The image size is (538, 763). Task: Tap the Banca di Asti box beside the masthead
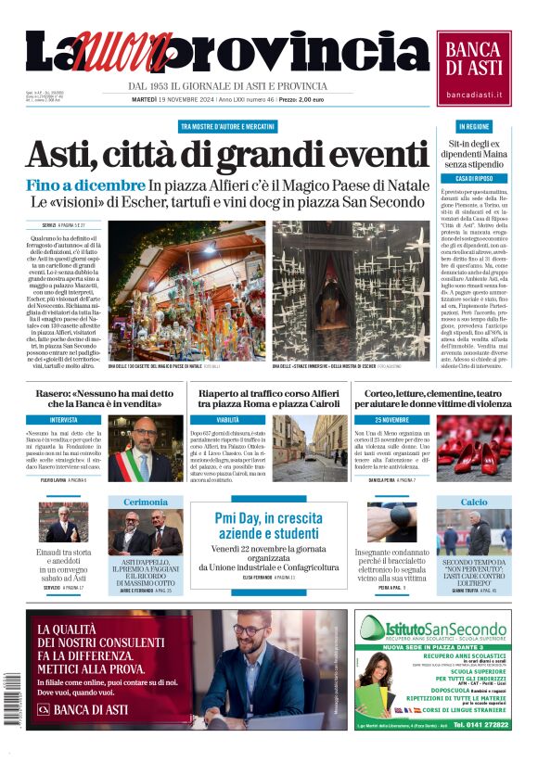[474, 67]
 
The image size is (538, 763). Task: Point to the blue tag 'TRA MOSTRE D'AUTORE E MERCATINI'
[226, 126]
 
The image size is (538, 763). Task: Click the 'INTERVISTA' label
[64, 420]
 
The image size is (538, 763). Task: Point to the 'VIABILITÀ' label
[227, 420]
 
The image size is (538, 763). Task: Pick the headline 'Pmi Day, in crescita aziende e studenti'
[268, 525]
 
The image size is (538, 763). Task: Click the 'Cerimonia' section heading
[146, 502]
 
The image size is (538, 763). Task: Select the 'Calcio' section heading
[474, 502]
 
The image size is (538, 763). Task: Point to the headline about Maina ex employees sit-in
[474, 155]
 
